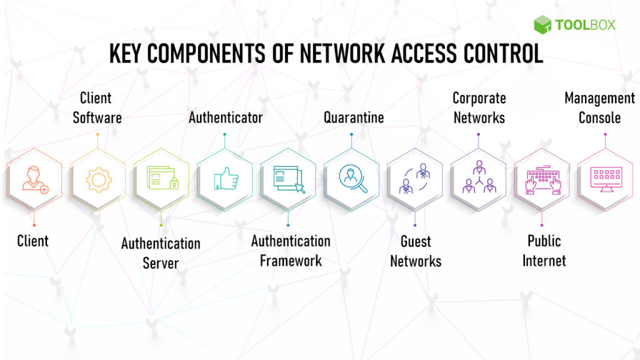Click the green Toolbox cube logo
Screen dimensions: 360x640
coord(542,24)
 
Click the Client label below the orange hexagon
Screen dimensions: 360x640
coord(32,241)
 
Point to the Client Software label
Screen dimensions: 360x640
coord(97,107)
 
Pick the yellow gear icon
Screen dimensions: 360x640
coord(97,179)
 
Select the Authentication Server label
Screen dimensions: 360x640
coord(161,252)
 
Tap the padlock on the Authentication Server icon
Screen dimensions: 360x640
coord(174,184)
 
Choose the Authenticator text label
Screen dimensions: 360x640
coord(226,117)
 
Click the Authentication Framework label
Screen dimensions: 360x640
coord(291,250)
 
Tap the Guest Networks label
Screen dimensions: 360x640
coord(416,251)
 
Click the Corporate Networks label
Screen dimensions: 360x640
coord(479,107)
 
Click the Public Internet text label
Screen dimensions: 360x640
coord(543,250)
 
